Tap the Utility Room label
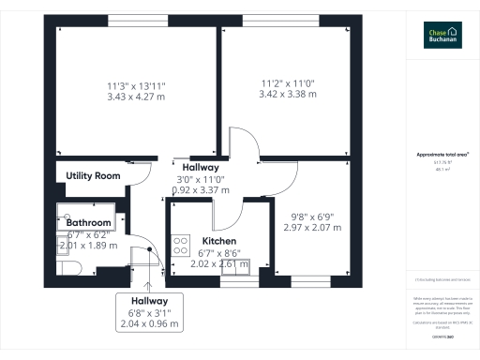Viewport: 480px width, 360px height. [93, 175]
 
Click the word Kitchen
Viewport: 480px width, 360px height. [219, 241]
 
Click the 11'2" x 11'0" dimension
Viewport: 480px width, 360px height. [288, 83]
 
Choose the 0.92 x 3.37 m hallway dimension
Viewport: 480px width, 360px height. [201, 189]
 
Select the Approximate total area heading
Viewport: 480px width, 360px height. [442, 155]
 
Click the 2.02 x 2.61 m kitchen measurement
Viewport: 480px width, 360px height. [219, 264]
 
